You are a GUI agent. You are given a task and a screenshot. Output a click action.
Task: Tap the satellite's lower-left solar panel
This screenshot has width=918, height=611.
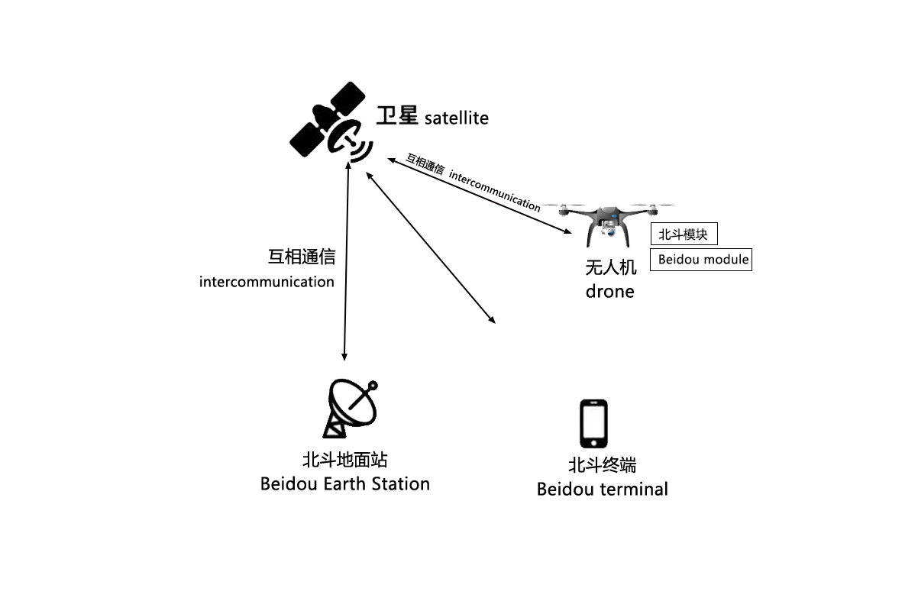click(x=305, y=138)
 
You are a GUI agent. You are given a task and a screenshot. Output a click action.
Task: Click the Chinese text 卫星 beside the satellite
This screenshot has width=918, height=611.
click(x=397, y=115)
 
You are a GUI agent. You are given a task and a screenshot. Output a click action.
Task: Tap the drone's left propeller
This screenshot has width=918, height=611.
click(x=561, y=205)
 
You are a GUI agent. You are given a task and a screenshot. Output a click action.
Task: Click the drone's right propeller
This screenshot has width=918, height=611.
click(x=653, y=205)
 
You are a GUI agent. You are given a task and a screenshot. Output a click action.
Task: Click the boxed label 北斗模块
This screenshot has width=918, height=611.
click(x=684, y=234)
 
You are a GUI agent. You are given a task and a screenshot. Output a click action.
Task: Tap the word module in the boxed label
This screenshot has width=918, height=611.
click(x=726, y=260)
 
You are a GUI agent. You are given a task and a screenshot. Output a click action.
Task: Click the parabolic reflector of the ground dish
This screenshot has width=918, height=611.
click(x=351, y=402)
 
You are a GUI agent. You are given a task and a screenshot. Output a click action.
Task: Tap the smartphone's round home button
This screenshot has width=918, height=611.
click(x=594, y=441)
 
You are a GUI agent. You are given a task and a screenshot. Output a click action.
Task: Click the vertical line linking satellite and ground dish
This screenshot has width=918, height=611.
click(x=346, y=260)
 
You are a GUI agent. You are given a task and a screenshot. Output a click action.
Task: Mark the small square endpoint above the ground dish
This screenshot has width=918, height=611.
click(x=344, y=357)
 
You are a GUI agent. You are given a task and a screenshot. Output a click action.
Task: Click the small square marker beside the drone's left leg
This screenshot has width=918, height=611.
click(x=569, y=231)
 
